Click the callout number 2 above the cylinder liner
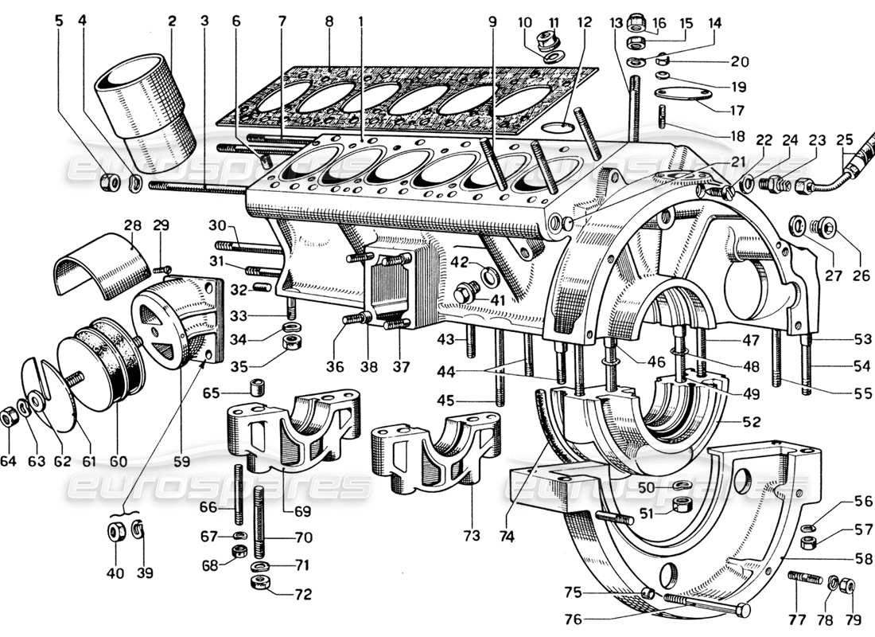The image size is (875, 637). click(x=170, y=21)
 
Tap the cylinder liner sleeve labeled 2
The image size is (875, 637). click(x=146, y=107)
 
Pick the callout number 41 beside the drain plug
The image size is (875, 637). click(x=497, y=300)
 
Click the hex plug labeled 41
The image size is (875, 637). click(x=464, y=294)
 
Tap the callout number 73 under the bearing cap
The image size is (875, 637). click(x=472, y=536)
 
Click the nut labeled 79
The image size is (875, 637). click(x=848, y=587)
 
